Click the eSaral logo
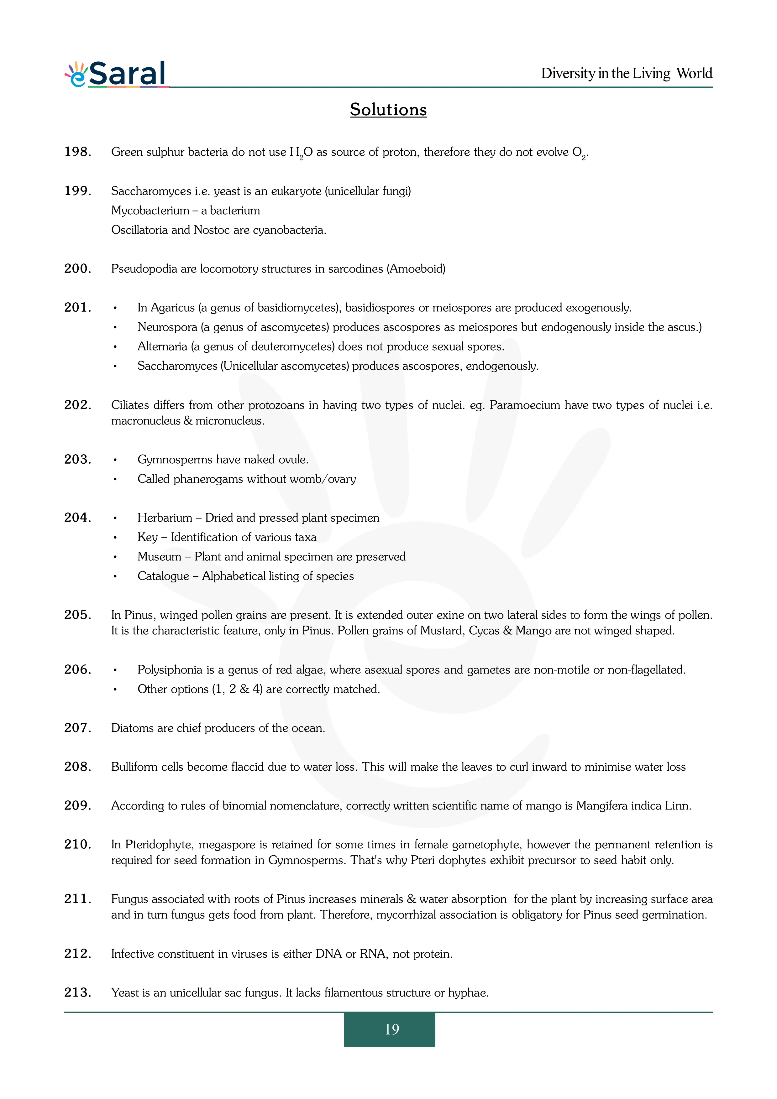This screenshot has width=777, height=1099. (x=116, y=74)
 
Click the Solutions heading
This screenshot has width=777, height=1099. (x=388, y=110)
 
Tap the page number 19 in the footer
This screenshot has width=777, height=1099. (x=391, y=1029)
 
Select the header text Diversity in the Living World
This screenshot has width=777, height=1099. (x=626, y=73)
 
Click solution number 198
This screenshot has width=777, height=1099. (x=77, y=152)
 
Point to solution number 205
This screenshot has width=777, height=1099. (x=77, y=615)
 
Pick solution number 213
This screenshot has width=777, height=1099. (x=77, y=992)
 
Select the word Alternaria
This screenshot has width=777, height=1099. (x=162, y=346)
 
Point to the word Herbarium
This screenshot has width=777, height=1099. (x=165, y=518)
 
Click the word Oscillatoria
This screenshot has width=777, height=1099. (x=139, y=230)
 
